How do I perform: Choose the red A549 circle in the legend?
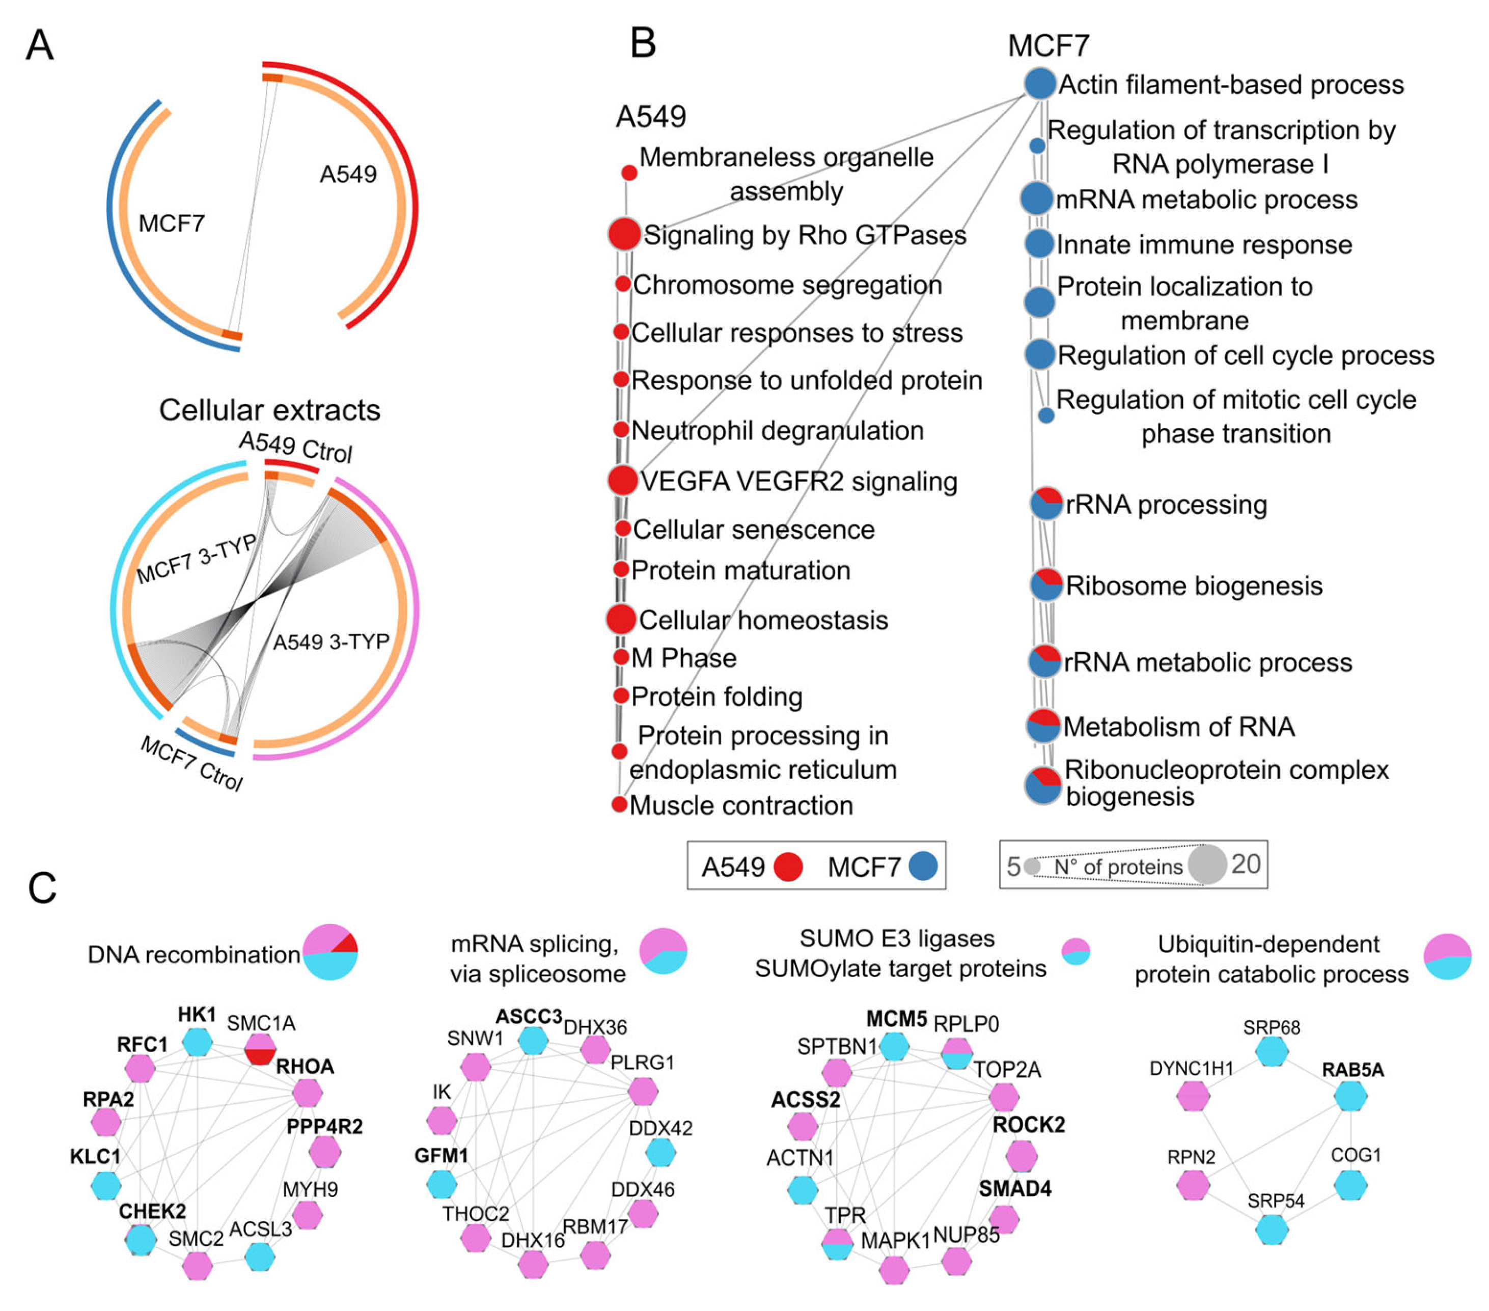click(787, 867)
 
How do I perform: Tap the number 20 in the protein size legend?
click(1245, 864)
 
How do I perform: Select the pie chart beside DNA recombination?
click(330, 952)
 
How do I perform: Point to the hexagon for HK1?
click(197, 1042)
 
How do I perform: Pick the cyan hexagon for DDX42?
click(660, 1152)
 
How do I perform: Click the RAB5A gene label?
click(1353, 1069)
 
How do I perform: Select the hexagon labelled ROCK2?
click(1022, 1156)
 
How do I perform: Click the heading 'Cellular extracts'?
click(269, 410)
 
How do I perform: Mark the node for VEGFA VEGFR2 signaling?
click(622, 480)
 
